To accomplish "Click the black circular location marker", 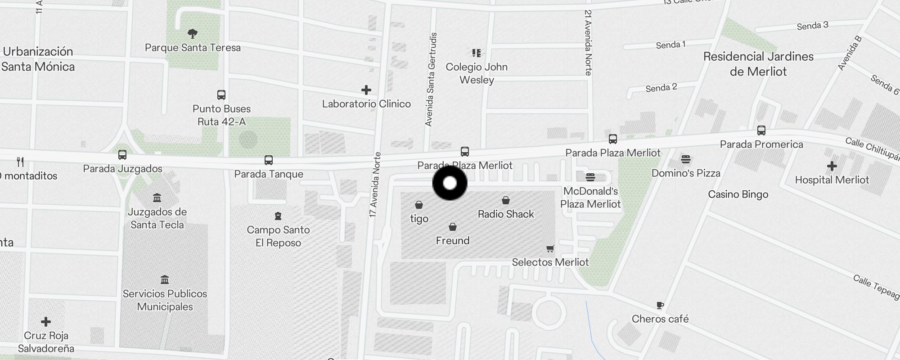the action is point(450,183).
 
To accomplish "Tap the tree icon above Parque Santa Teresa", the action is point(193,33).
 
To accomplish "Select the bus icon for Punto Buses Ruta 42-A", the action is point(221,95).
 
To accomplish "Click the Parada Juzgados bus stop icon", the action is point(122,155).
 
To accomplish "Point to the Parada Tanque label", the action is point(269,174).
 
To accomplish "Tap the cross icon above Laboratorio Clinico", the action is point(366,90).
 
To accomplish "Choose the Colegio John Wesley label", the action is point(477,73).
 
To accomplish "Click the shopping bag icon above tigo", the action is point(419,205).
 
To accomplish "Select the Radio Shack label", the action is point(506,214).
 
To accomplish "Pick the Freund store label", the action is point(453,241).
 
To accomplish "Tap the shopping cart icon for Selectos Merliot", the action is point(550,248).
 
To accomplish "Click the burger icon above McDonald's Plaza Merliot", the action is point(590,177).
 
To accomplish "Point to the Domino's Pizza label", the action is point(686,173).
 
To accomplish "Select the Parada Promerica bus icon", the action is point(761,130).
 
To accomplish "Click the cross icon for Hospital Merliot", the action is point(832,166).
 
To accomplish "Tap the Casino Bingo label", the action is point(738,194).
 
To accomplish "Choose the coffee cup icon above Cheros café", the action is point(660,306).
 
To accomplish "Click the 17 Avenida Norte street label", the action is point(374,185).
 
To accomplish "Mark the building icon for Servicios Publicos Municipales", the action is point(165,280).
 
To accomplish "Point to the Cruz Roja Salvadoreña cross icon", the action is point(46,322).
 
